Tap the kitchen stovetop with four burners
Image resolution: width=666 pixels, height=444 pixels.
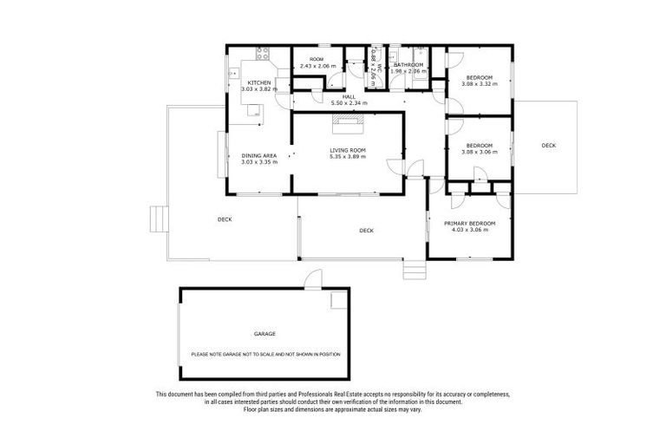tap(262, 55)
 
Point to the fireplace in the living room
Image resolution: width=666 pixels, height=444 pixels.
tap(348, 122)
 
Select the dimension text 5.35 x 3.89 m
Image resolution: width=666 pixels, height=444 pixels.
tap(348, 156)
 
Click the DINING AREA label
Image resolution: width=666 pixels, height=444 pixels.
tap(258, 155)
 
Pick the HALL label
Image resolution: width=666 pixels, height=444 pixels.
tap(348, 97)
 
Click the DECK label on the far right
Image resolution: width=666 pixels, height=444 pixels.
tap(548, 145)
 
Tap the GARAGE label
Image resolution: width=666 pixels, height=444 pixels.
tap(264, 334)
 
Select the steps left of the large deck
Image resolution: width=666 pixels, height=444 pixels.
tap(158, 219)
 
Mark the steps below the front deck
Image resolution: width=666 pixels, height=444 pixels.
tap(415, 271)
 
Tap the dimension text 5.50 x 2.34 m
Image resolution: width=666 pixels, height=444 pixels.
tap(348, 103)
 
